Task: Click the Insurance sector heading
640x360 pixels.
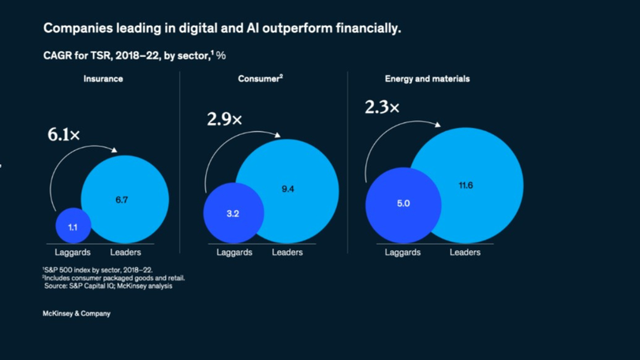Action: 103,79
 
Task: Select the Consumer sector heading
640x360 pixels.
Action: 260,79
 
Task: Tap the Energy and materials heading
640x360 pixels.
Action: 427,79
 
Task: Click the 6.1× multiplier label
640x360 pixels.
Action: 64,135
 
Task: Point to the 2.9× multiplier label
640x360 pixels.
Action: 224,120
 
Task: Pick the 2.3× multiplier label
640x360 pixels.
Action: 382,107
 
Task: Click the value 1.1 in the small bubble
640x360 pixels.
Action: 73,227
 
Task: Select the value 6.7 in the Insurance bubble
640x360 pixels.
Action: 122,201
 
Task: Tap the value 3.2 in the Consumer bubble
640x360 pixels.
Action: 233,214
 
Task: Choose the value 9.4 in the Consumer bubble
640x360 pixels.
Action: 287,189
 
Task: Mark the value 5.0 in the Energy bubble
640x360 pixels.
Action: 403,204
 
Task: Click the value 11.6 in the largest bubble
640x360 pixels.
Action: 466,186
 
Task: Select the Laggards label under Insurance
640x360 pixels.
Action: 73,253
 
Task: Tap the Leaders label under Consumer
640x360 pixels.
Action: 287,253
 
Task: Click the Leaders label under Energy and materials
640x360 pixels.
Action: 465,253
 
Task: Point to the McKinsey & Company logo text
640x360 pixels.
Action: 77,313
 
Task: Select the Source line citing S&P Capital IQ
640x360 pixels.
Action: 108,286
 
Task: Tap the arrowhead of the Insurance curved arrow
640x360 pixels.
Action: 115,149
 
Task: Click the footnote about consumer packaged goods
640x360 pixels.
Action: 114,278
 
